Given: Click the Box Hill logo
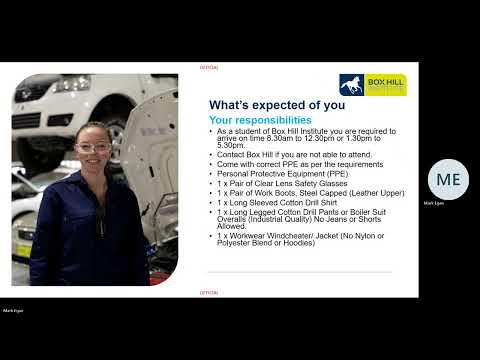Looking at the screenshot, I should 372,84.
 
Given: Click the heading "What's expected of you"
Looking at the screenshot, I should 277,105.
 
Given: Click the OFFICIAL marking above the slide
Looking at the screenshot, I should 209,67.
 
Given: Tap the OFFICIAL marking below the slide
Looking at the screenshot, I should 209,293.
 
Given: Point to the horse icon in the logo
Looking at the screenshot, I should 352,84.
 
